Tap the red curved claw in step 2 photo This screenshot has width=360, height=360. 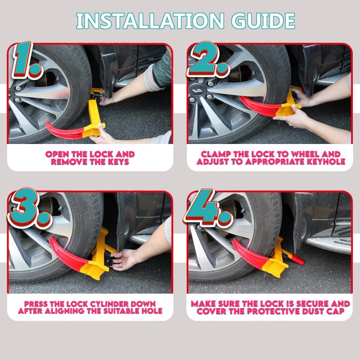click(259, 106)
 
